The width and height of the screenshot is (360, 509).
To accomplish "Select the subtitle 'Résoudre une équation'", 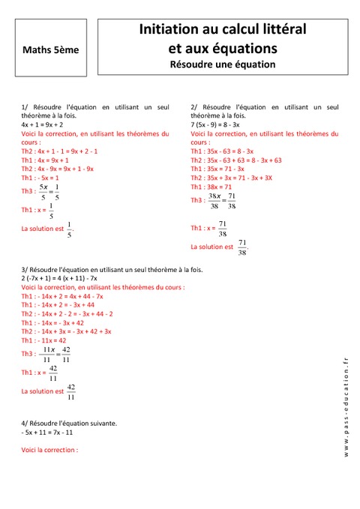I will (x=223, y=64).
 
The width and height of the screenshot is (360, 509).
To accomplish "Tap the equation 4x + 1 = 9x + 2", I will (x=43, y=124).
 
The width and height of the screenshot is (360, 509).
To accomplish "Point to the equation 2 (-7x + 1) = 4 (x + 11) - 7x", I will (x=60, y=278).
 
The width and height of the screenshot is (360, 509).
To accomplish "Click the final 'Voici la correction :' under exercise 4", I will (x=50, y=450).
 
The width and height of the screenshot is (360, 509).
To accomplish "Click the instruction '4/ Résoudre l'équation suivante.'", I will (x=69, y=424).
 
